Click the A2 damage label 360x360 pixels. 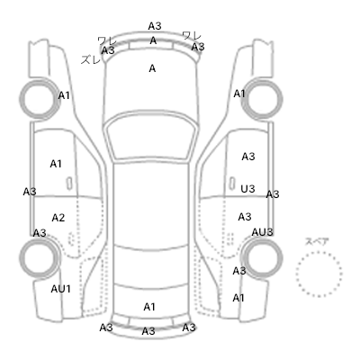coord(58,218)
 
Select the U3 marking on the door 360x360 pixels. coord(247,189)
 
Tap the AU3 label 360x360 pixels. coord(262,232)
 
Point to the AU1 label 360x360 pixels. coord(60,289)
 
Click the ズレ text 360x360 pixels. coord(91,59)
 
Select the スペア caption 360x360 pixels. coord(317,241)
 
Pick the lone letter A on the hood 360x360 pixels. coord(152,68)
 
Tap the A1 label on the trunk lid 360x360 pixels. coord(149,307)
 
